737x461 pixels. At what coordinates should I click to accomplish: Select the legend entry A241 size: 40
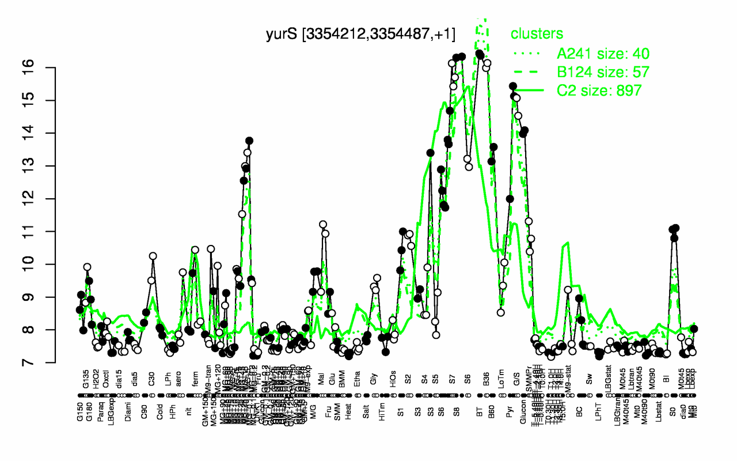pos(603,54)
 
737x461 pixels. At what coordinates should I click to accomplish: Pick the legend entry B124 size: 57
pos(603,72)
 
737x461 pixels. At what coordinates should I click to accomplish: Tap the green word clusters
pos(537,33)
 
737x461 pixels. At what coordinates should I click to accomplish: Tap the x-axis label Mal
pos(322,383)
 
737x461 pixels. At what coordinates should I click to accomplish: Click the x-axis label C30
pos(152,383)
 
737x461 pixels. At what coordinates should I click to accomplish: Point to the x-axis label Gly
pos(375,383)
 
